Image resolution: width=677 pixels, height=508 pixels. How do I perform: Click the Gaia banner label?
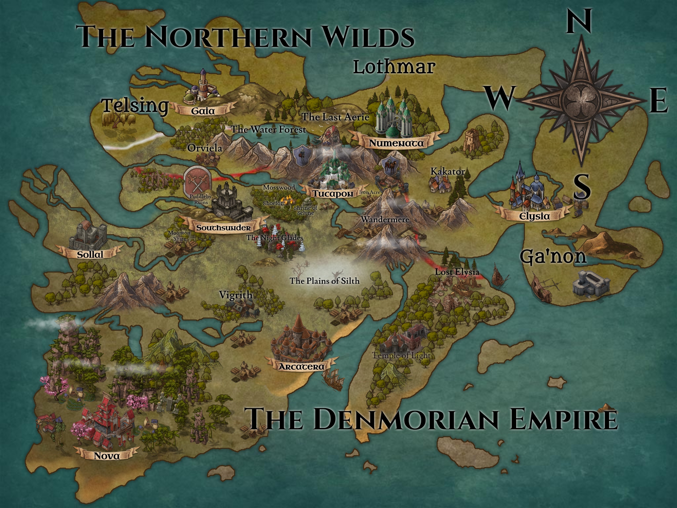coord(203,111)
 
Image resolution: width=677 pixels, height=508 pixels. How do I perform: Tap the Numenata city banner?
coord(396,143)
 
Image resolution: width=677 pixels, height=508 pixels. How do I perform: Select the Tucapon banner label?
coord(333,193)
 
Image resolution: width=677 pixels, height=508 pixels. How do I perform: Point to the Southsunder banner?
coord(223,228)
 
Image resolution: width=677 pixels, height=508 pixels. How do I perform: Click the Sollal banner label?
coord(90,254)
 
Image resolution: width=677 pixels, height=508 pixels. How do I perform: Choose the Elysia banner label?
coord(535,216)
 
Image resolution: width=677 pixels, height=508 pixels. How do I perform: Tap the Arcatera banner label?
coord(301,366)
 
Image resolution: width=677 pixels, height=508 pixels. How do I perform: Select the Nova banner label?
coord(106,456)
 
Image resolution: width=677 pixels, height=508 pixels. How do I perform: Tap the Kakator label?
coord(448,172)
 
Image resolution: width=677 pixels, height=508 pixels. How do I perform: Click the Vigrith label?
coord(236,295)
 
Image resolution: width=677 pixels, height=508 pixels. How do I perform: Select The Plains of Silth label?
coord(324,281)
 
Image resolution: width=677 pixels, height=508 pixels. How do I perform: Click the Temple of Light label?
coord(401,356)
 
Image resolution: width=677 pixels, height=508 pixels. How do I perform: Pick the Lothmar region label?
coord(393,67)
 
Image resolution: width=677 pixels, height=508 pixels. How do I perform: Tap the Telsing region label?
coord(135,106)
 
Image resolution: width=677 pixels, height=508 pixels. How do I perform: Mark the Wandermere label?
coord(385,219)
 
